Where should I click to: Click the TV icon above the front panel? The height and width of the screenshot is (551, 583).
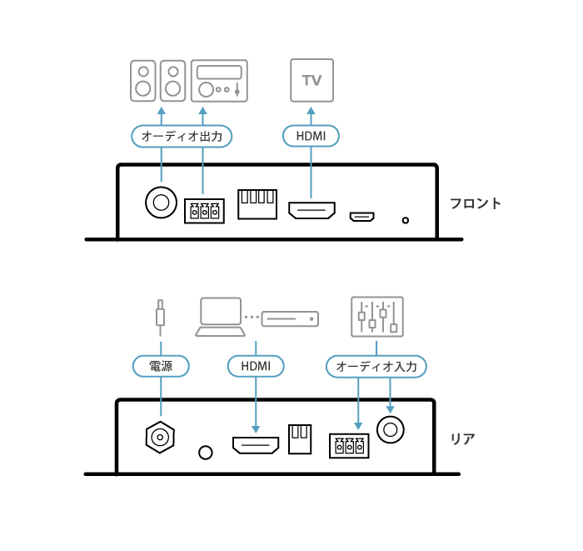point(311,80)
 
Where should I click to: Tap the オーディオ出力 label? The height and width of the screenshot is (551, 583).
point(182,136)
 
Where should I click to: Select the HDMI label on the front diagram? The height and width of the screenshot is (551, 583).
point(311,136)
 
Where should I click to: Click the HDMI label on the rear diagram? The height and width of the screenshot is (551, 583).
point(256,366)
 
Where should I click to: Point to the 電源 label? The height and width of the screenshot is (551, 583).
point(161,366)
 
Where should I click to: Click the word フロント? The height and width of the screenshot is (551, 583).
point(476,203)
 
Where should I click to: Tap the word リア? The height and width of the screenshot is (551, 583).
point(462,438)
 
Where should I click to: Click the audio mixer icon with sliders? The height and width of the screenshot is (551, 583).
point(377,316)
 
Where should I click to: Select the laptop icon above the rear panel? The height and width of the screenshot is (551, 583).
point(221,317)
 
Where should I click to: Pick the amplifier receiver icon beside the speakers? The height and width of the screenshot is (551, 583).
point(220,81)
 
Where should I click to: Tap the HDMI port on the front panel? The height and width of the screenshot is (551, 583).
point(311,210)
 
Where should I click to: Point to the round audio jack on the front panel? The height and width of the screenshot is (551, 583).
point(161,202)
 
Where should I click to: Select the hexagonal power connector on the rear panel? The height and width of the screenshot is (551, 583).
point(160,435)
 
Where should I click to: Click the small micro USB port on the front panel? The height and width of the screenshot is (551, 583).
point(361,217)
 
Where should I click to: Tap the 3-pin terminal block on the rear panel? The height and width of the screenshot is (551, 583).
point(348,445)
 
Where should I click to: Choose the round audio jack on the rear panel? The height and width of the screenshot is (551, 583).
point(390,429)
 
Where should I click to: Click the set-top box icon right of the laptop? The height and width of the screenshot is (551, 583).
point(290,318)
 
